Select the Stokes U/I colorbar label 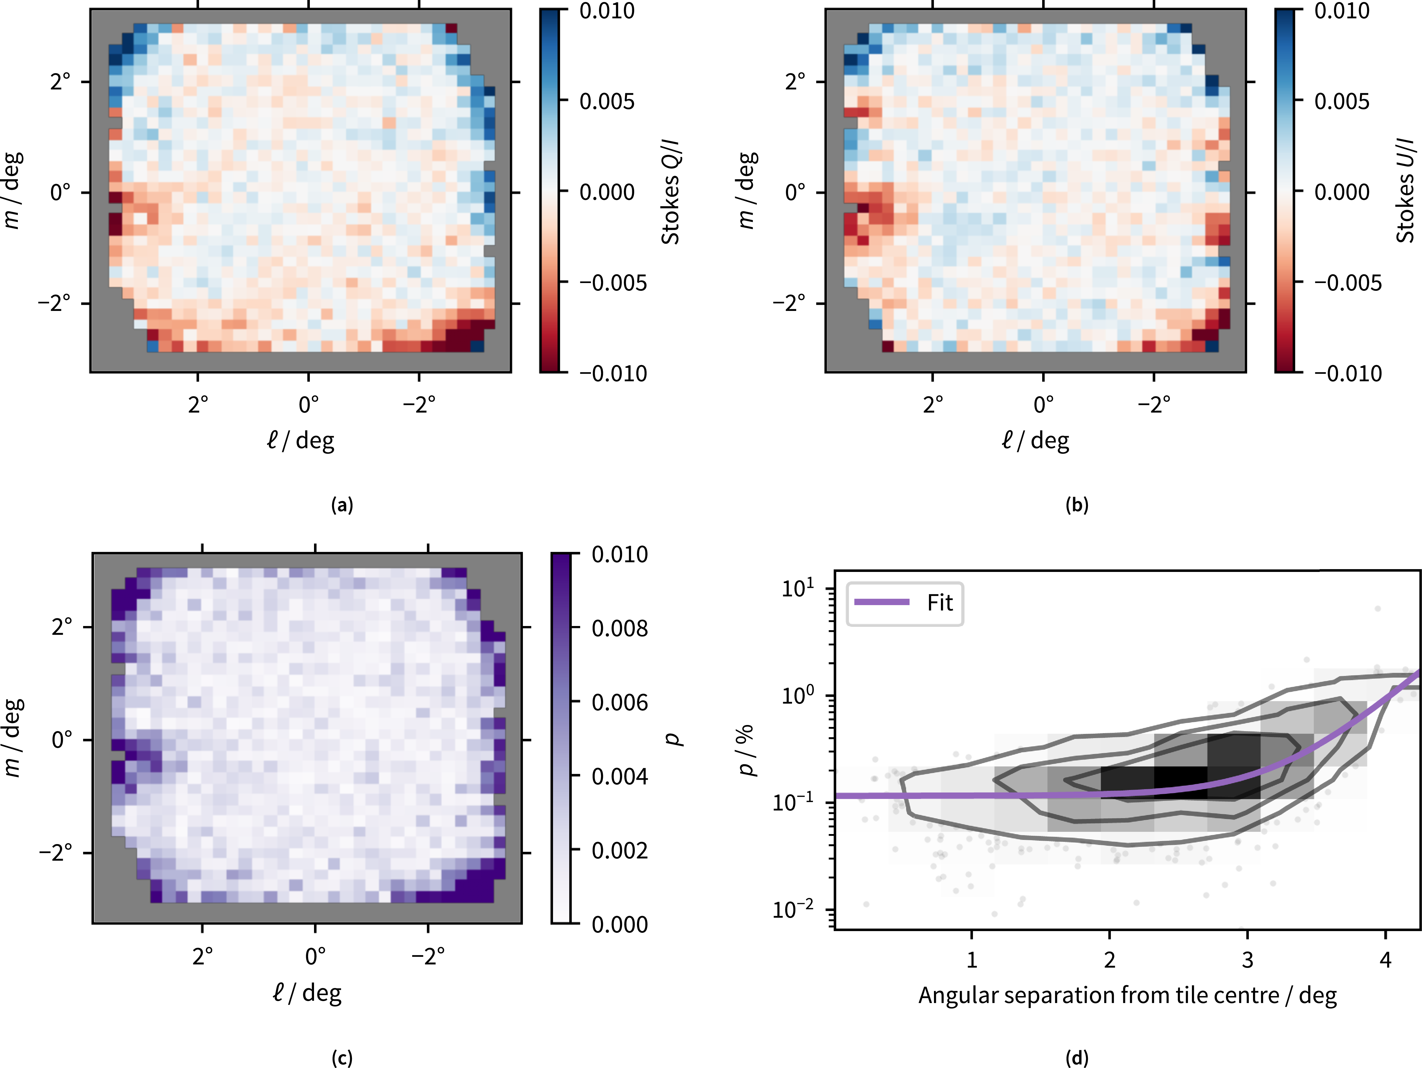coord(1406,190)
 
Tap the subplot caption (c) coord(342,1058)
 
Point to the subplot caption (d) coord(1077,1058)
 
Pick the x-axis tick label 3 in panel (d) coord(1247,960)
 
